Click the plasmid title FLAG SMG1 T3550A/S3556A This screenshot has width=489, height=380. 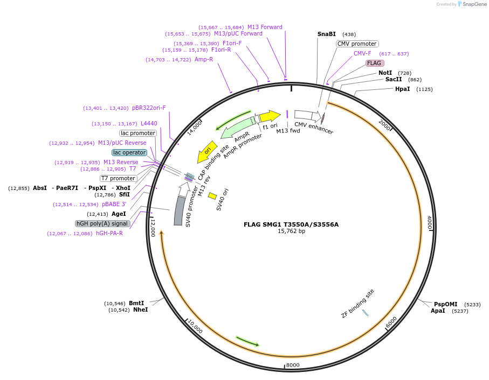coord(291,224)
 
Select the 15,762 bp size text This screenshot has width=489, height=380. coord(291,231)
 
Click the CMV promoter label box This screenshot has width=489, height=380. coord(357,44)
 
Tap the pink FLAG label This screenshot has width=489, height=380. coord(374,63)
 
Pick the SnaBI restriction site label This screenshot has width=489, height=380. coord(326,34)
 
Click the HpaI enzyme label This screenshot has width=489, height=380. coord(402,89)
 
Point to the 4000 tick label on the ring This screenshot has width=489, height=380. coord(430,222)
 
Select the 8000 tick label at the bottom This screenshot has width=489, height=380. coord(292,365)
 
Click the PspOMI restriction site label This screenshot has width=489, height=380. coord(445,304)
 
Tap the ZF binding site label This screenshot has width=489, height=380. coord(357,304)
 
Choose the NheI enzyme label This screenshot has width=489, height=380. coord(140,310)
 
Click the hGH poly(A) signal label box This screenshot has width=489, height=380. coord(102,223)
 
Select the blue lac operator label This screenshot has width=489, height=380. coord(129,152)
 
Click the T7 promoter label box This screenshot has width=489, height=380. coord(119,178)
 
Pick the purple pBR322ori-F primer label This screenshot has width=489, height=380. coord(149,108)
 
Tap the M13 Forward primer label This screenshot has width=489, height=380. coord(264,27)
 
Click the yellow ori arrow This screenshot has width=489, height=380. coord(206,151)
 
